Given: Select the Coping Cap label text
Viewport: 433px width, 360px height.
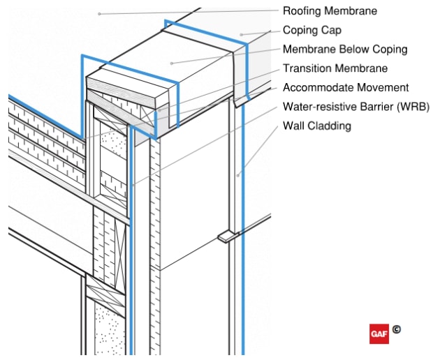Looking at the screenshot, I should (311, 30).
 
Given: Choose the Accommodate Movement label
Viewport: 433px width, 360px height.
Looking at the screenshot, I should (346, 88).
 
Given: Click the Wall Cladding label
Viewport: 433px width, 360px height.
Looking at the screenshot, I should (316, 126).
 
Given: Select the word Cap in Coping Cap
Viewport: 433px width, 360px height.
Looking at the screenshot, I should (331, 30).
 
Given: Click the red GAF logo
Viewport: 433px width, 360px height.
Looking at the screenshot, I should (379, 333).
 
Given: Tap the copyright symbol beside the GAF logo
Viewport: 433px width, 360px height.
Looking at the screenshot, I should (396, 329).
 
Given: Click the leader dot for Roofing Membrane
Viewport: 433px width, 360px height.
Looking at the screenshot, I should (100, 13).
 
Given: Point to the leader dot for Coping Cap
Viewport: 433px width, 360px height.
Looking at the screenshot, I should (240, 33).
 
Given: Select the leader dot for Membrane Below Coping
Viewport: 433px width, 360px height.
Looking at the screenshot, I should (172, 63).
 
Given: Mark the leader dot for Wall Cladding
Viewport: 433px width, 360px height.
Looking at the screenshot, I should (237, 175).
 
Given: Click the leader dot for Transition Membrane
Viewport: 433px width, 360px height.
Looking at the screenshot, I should (159, 110).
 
